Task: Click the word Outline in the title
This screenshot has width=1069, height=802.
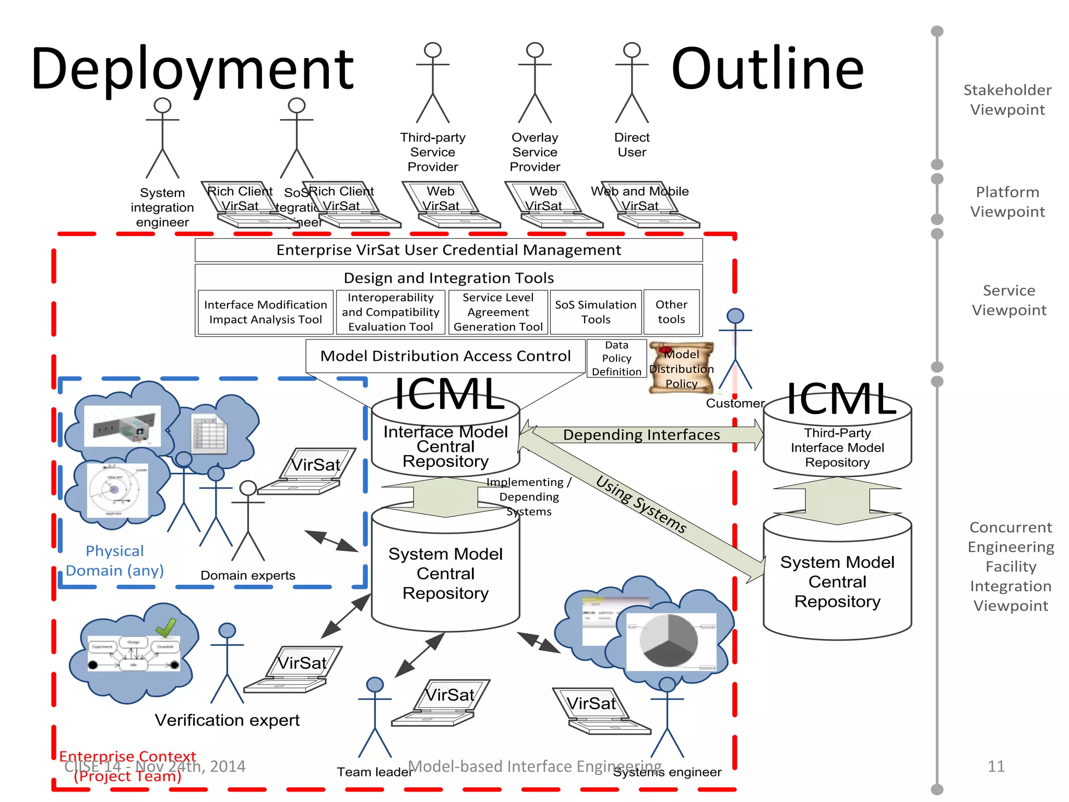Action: [767, 69]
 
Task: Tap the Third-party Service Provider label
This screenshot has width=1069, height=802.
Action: [432, 152]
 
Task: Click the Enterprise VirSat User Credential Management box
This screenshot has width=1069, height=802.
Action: [448, 250]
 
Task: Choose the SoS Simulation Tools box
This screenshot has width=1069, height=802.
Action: [596, 312]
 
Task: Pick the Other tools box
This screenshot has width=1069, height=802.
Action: [671, 312]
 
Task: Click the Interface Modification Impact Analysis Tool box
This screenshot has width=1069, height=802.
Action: [265, 312]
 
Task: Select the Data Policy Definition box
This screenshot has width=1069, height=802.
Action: [616, 359]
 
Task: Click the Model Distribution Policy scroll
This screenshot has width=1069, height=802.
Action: [681, 368]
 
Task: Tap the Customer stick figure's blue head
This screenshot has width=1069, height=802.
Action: [735, 315]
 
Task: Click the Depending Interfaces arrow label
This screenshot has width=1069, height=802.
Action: [641, 435]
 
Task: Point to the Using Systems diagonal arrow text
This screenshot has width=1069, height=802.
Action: [642, 504]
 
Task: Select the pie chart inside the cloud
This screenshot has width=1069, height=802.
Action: [669, 640]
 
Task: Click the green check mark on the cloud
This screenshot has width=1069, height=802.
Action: [166, 628]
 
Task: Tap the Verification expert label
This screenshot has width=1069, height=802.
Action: [227, 721]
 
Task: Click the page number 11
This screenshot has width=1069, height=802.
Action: [995, 766]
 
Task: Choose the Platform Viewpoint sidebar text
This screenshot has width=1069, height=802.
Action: [1007, 202]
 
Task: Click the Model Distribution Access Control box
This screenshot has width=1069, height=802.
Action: [445, 356]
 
